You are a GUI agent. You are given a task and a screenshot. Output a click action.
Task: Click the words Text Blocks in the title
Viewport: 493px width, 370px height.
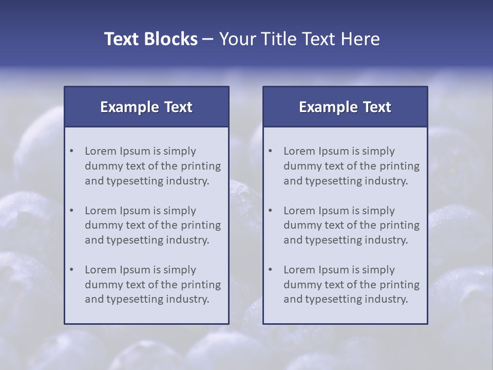click(x=151, y=39)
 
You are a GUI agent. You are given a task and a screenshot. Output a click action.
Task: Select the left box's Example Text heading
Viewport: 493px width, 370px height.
click(x=146, y=107)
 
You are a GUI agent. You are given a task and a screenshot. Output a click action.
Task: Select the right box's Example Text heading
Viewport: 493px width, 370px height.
click(x=345, y=107)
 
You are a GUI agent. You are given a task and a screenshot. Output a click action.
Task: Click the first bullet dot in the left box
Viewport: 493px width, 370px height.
click(x=72, y=151)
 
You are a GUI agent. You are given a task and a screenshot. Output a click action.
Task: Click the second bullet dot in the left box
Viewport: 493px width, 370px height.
click(x=72, y=211)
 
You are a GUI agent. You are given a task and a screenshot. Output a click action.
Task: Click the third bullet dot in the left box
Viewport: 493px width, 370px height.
click(x=72, y=270)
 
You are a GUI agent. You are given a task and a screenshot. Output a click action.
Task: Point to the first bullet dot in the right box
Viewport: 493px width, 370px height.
click(x=271, y=151)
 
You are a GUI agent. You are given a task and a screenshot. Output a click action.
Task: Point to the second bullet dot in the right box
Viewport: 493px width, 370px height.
click(x=271, y=211)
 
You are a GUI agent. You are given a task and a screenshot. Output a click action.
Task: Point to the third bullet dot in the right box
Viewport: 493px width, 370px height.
click(x=271, y=270)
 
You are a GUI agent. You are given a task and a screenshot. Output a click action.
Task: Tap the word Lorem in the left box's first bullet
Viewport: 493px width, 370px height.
click(x=101, y=151)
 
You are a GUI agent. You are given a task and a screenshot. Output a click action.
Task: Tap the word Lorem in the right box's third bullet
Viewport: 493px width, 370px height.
click(x=299, y=270)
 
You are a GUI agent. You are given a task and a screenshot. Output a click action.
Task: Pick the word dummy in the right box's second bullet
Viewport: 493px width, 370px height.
click(x=300, y=225)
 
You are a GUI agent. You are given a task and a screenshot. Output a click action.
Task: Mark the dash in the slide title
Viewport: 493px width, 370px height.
click(x=208, y=39)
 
